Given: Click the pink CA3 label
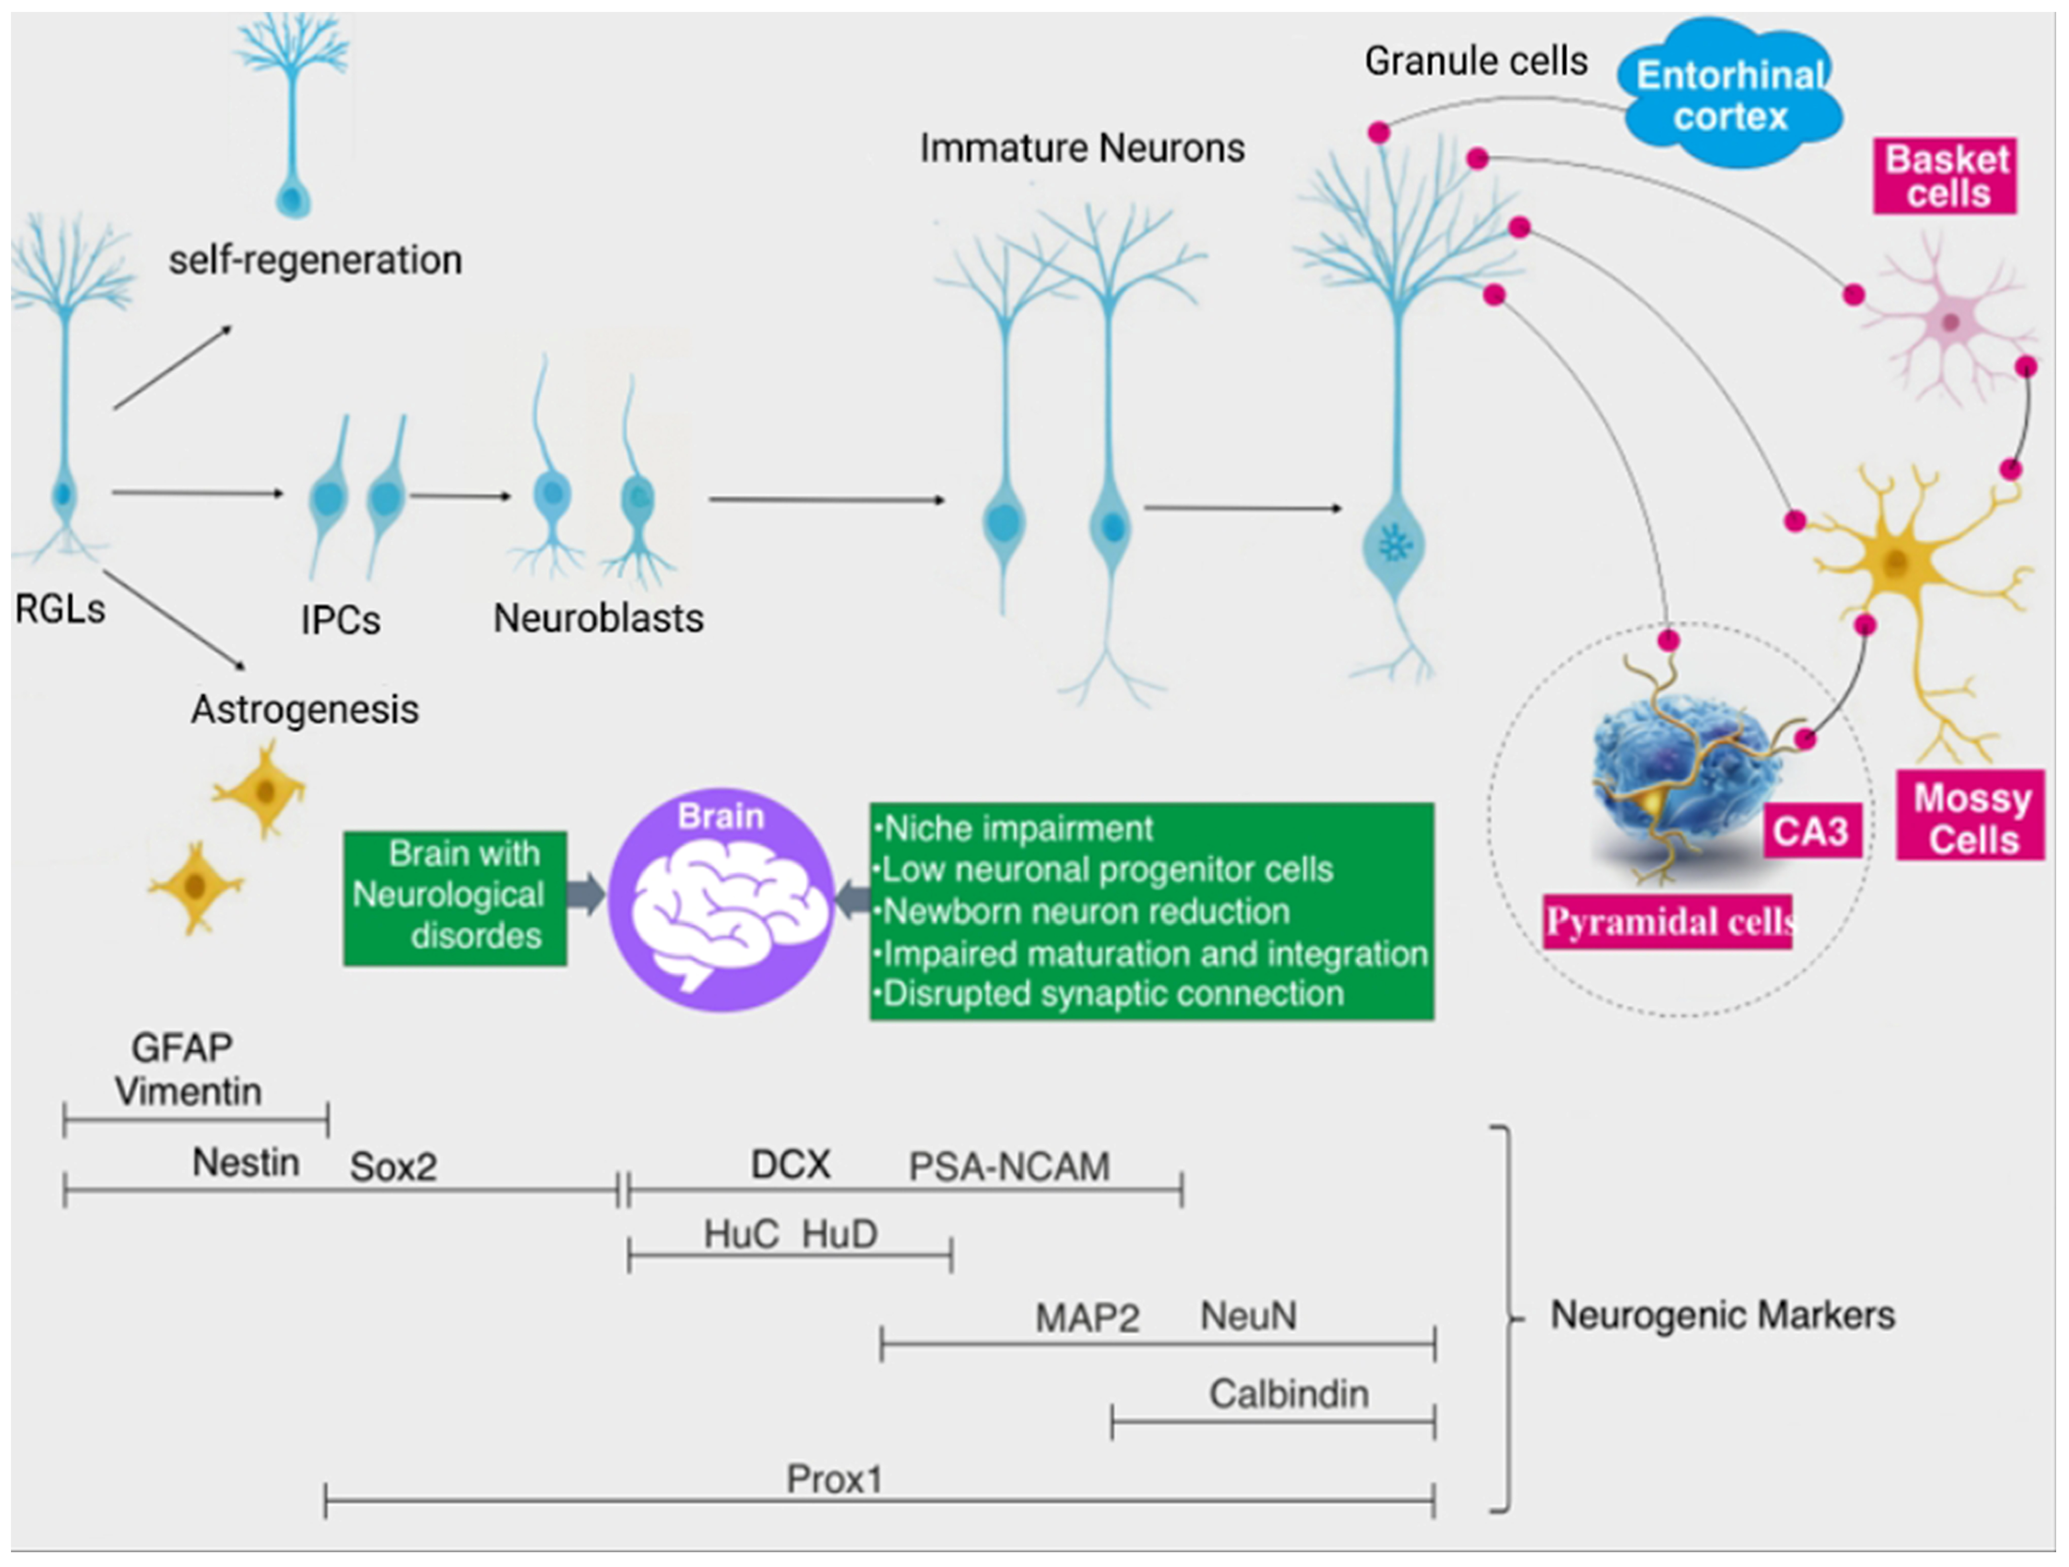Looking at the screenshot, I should tap(1810, 831).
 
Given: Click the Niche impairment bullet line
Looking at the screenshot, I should tap(1015, 828).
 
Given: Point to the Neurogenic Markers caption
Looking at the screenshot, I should tap(1722, 1316).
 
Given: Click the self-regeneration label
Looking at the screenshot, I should tap(315, 260).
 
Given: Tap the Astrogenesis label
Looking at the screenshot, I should tap(305, 710).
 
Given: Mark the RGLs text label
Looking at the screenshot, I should tap(61, 609).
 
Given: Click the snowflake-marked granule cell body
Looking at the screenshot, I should tap(1395, 545).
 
